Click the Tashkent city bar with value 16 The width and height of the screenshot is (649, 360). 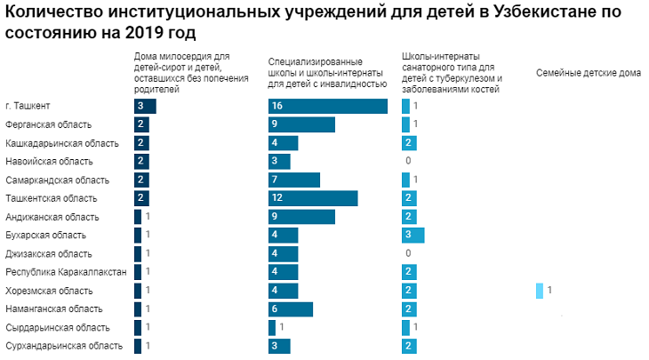click(328, 106)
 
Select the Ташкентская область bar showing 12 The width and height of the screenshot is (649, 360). click(313, 198)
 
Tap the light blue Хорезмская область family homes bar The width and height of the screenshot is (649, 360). click(540, 291)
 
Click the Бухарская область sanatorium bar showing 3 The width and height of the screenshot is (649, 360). click(413, 236)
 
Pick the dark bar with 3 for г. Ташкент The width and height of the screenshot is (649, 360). click(145, 106)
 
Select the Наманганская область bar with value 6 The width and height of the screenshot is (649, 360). click(291, 309)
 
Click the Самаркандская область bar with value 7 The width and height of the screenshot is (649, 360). click(294, 180)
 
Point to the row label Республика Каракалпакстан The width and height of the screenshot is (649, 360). click(66, 272)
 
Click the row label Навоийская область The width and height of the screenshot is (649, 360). click(49, 161)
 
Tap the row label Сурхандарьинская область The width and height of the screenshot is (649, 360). click(64, 346)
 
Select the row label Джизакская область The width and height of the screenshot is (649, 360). click(49, 253)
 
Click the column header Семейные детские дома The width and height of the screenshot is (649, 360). click(587, 73)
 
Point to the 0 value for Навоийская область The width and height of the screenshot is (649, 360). click(407, 161)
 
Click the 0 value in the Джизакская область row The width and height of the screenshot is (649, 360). click(407, 253)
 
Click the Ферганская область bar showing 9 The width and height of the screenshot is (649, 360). click(301, 124)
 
